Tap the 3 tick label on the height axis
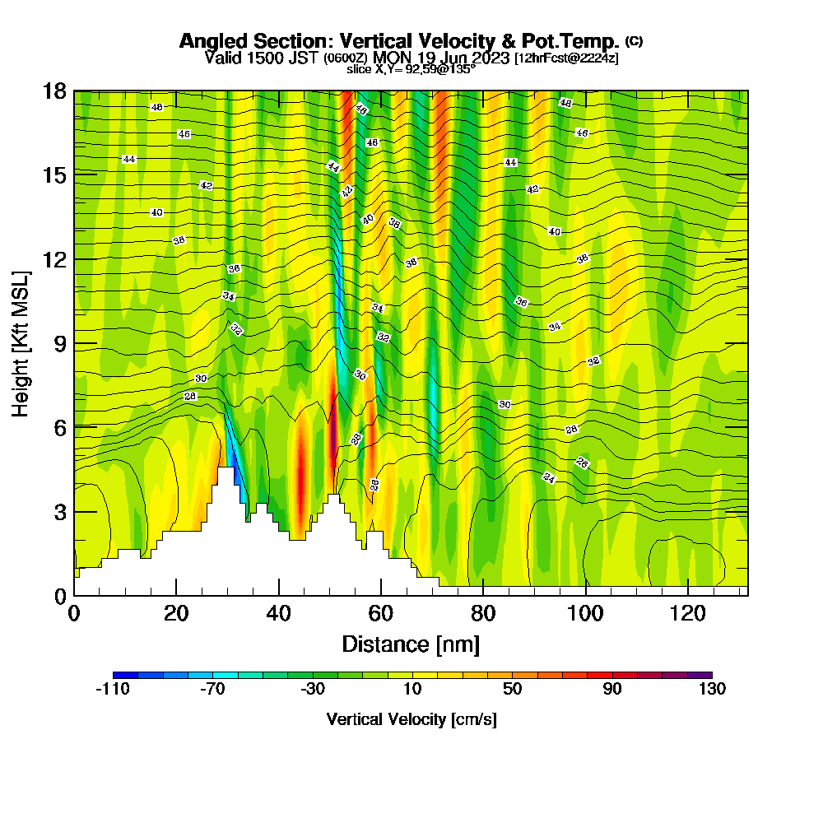click(60, 511)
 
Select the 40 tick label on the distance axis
click(279, 612)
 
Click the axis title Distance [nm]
click(411, 644)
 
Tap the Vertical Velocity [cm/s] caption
click(411, 720)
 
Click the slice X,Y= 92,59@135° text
click(411, 69)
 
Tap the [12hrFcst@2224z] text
click(566, 58)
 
